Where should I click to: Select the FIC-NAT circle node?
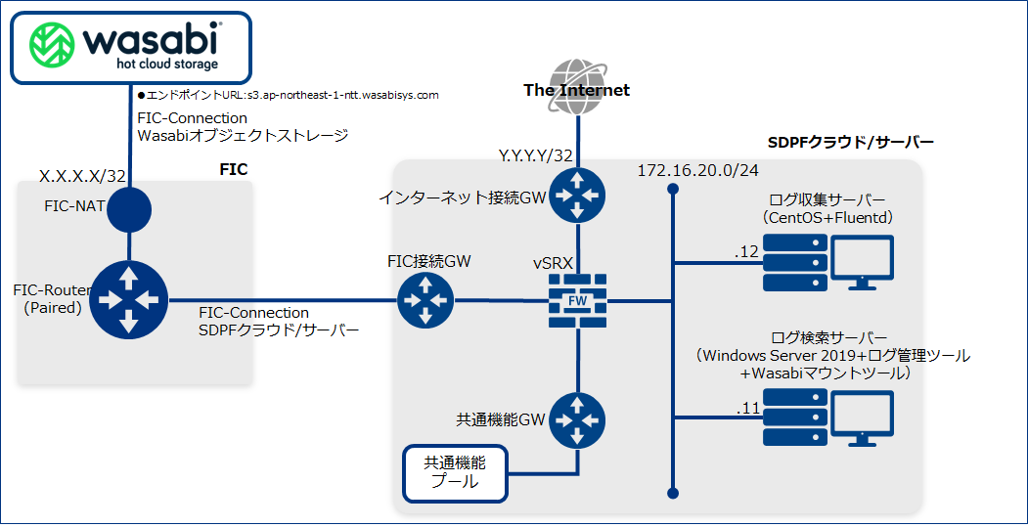tap(129, 208)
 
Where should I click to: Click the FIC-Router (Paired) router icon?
tap(129, 299)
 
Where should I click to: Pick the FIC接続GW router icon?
tap(425, 300)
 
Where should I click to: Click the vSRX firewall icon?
tap(577, 300)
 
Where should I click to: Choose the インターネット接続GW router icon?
tap(577, 197)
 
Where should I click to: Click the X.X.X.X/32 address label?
tap(83, 176)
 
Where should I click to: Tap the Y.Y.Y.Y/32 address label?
tap(535, 154)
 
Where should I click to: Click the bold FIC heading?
tap(234, 169)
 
